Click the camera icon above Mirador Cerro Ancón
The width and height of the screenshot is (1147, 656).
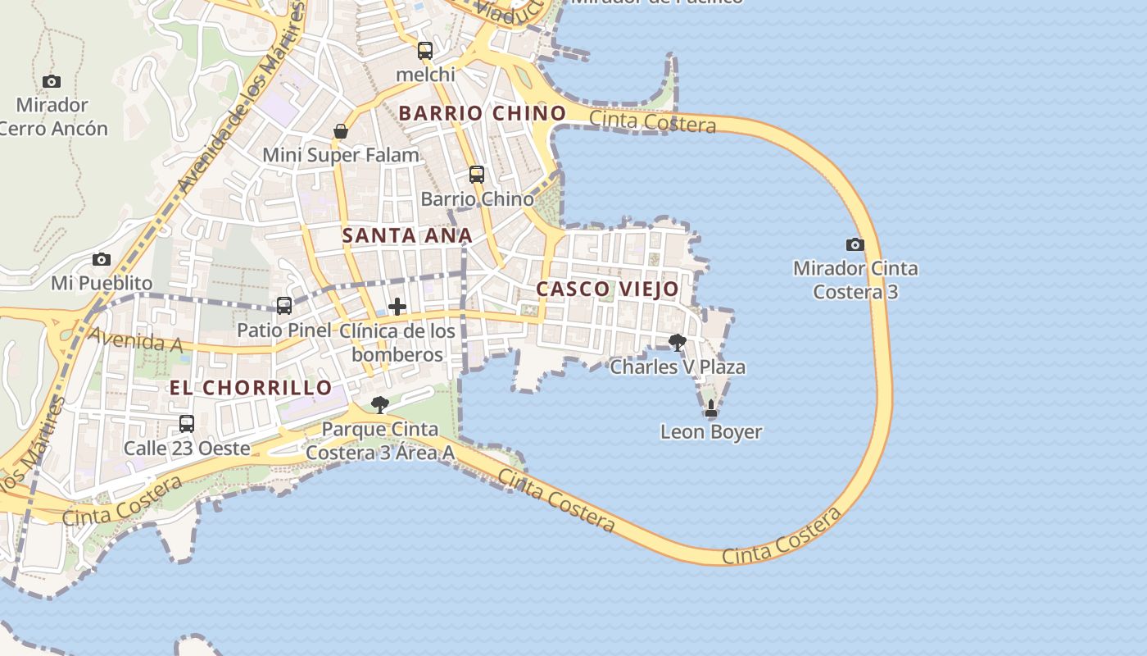(x=52, y=81)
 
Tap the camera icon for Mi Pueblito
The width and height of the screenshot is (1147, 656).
(x=102, y=259)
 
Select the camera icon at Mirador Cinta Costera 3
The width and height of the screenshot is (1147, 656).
(x=855, y=244)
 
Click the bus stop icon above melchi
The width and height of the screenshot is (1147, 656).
(x=424, y=51)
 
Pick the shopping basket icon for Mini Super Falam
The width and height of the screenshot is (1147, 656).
(x=341, y=131)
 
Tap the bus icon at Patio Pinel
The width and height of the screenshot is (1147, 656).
(x=283, y=306)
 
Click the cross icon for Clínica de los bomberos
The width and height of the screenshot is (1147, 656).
(x=397, y=307)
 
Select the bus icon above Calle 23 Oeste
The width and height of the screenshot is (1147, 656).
(x=187, y=424)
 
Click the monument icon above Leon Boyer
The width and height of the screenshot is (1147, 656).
(x=710, y=408)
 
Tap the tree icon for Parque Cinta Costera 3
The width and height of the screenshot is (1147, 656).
(x=379, y=404)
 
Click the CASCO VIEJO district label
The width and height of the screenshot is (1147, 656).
(x=607, y=289)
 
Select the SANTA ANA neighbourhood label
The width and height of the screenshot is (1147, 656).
(x=407, y=235)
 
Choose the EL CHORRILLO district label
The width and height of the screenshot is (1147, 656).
(x=251, y=387)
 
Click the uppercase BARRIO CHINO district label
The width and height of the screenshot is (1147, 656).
(x=482, y=113)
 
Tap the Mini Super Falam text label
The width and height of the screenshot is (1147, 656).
(x=341, y=154)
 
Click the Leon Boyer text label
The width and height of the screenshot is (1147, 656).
(x=711, y=431)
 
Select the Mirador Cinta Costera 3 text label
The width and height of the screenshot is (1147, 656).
(x=855, y=280)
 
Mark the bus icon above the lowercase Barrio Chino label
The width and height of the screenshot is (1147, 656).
(x=477, y=175)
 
